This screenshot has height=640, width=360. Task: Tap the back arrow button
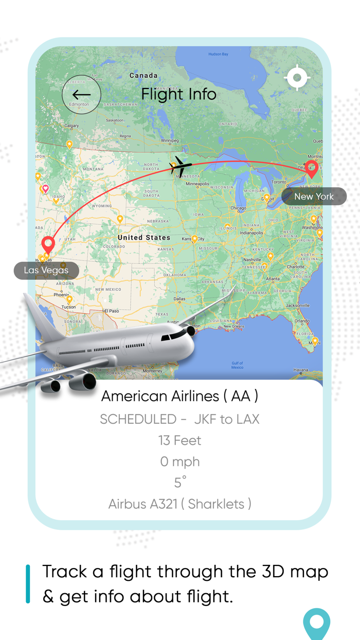(x=81, y=95)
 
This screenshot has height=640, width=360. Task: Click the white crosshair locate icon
(x=297, y=78)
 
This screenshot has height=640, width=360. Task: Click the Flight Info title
(x=178, y=94)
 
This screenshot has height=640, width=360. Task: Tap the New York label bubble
(x=314, y=197)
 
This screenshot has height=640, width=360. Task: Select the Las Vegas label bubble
(x=46, y=270)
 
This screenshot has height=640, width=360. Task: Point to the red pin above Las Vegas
(x=48, y=244)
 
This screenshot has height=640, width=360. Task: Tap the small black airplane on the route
(x=180, y=166)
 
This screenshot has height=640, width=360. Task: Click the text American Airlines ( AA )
(x=179, y=396)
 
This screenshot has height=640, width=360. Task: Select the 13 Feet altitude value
(x=179, y=440)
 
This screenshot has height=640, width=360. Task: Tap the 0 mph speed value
(x=179, y=461)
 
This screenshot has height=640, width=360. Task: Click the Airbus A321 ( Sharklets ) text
(x=179, y=504)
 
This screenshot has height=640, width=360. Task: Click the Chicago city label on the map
(x=238, y=208)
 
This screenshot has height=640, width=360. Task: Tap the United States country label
(x=143, y=238)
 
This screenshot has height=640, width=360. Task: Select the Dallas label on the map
(x=179, y=298)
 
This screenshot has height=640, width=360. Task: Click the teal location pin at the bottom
(x=316, y=623)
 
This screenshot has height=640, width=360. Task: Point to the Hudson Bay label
(x=218, y=54)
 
